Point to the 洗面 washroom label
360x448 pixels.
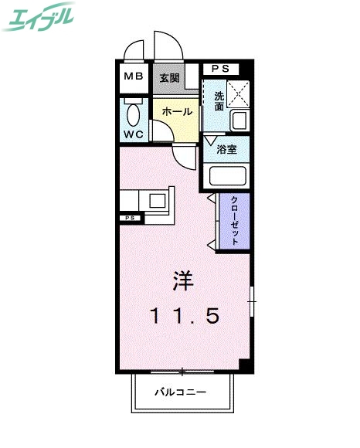click(x=219, y=102)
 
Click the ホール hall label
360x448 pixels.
click(x=176, y=111)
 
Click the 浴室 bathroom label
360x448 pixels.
click(x=226, y=149)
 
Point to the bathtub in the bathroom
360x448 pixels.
click(x=227, y=177)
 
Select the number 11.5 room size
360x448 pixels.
click(x=184, y=315)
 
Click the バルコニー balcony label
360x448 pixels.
click(x=178, y=392)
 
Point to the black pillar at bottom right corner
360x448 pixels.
click(x=245, y=365)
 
